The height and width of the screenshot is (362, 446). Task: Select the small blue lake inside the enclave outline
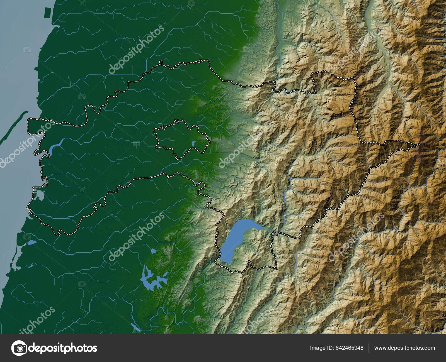193,144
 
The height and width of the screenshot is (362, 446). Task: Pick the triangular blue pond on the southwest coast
32,242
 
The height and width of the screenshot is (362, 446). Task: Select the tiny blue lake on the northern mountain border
287,93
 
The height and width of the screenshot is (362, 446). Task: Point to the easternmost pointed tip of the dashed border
419,145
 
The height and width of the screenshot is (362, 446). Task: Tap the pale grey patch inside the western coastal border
39,195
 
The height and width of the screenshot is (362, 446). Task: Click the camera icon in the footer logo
19,348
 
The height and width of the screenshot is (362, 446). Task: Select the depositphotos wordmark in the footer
63,348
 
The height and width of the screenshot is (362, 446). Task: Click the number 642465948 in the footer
349,348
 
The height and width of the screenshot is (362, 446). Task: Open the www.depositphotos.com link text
404,348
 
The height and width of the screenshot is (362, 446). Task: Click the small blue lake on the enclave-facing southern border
196,184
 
